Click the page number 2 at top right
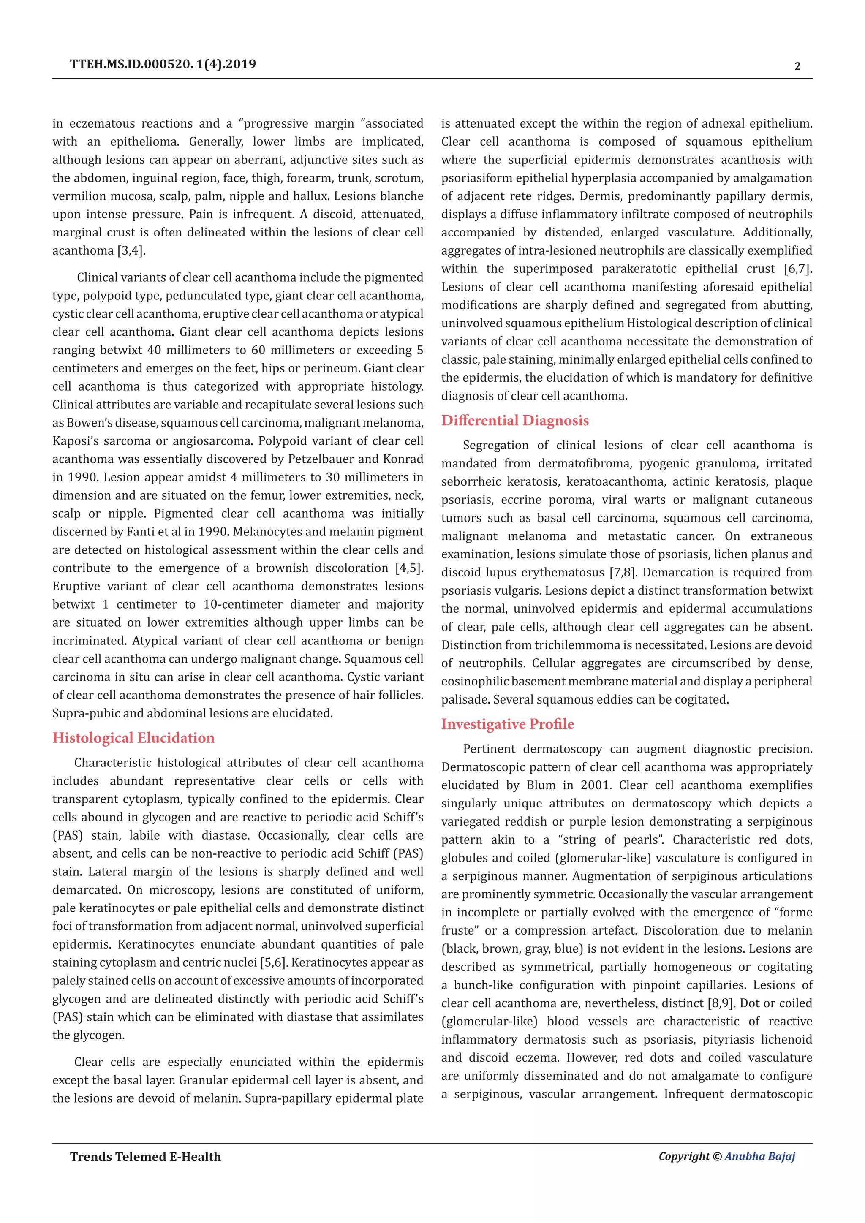797,67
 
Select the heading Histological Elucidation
133,738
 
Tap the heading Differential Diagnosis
514,420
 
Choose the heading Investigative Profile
507,724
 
